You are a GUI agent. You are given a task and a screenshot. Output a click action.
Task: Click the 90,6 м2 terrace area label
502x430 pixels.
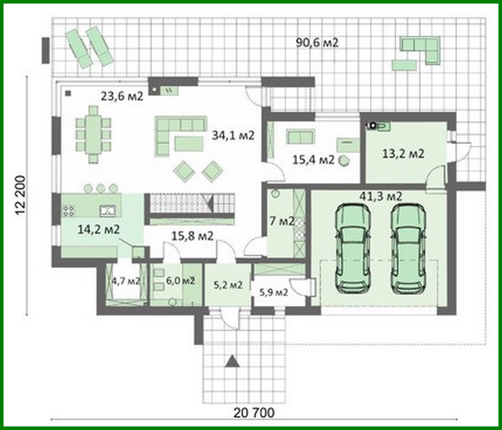click(x=317, y=43)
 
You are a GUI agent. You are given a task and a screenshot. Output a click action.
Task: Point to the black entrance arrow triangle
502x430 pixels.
click(x=232, y=361)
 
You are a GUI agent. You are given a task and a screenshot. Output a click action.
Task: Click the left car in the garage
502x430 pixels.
click(x=353, y=249)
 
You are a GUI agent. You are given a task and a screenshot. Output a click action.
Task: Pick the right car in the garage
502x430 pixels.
click(x=408, y=249)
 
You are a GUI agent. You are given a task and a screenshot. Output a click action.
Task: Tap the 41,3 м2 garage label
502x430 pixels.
click(x=381, y=196)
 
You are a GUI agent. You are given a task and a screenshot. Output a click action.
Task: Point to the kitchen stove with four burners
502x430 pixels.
click(x=68, y=211)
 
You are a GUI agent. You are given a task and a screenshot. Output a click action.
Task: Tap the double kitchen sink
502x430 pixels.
click(x=106, y=211)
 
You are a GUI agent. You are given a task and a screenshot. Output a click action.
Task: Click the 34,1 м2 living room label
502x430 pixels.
click(x=233, y=136)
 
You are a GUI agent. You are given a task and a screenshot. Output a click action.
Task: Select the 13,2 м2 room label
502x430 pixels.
click(x=403, y=154)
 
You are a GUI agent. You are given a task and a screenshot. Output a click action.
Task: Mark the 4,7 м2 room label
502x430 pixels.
click(x=126, y=281)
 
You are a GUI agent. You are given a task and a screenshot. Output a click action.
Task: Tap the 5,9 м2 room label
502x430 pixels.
click(x=273, y=292)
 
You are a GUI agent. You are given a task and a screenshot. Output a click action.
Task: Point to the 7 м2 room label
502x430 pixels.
click(x=282, y=221)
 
